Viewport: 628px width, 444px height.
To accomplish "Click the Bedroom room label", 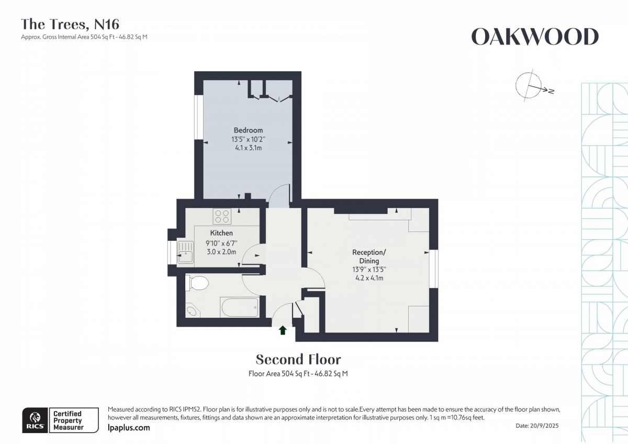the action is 248,130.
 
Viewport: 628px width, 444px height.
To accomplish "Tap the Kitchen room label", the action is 221,233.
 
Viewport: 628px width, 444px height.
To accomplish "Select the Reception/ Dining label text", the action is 369,257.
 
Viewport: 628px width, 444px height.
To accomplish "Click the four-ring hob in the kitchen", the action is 222,217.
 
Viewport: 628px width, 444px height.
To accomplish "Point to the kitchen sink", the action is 185,252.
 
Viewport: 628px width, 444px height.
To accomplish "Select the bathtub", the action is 240,307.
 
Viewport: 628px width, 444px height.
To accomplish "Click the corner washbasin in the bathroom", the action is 193,311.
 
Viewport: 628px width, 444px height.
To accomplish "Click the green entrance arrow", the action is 283,330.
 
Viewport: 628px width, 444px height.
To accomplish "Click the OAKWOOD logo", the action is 535,37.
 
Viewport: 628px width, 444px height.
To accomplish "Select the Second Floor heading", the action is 298,359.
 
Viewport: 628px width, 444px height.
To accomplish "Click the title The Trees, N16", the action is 70,24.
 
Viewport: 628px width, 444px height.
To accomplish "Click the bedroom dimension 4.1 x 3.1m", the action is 248,148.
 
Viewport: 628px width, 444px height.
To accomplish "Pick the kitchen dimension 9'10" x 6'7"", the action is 221,243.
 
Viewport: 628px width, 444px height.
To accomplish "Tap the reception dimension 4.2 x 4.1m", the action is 369,278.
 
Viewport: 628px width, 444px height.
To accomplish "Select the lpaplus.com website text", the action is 129,428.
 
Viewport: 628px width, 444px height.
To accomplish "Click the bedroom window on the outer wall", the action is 199,117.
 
